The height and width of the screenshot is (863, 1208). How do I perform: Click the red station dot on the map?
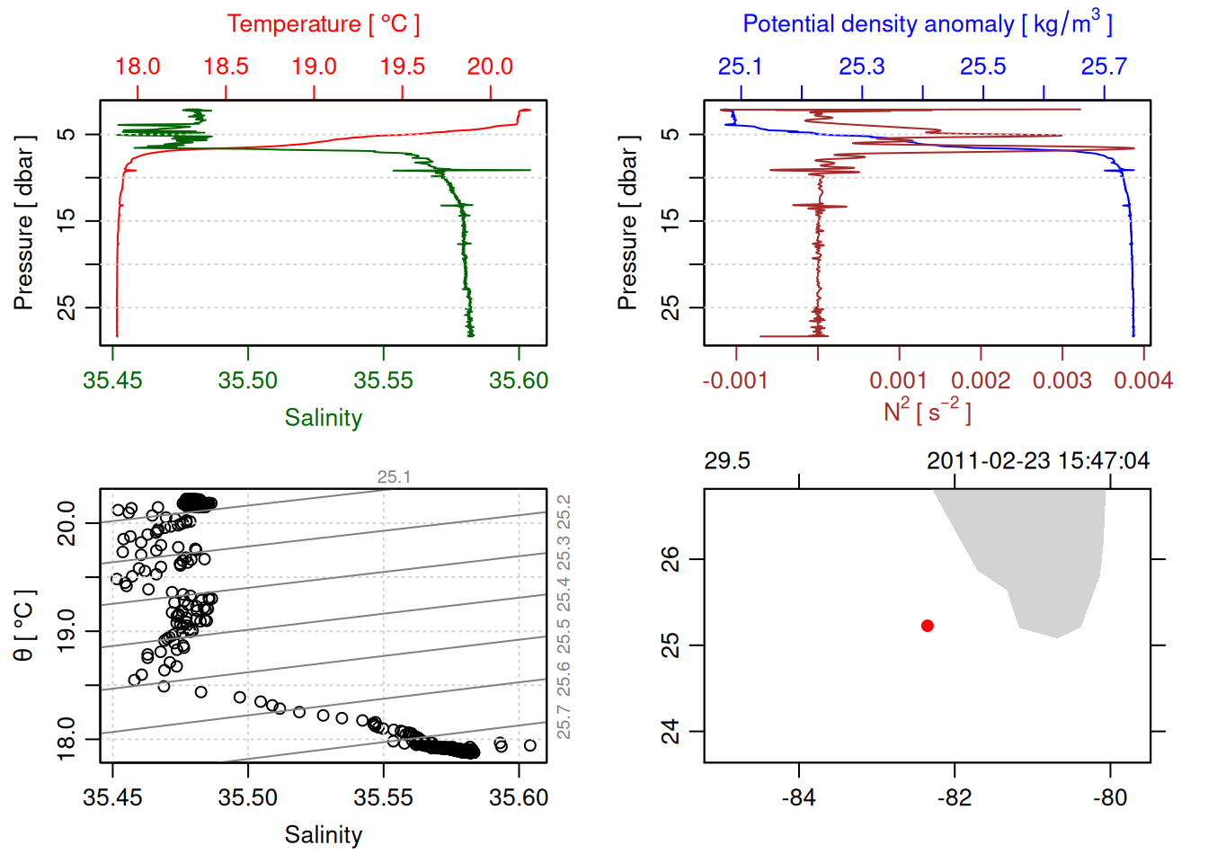(x=927, y=626)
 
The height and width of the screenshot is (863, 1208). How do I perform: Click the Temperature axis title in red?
(x=323, y=24)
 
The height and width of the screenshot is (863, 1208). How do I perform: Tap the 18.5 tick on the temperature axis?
(x=226, y=67)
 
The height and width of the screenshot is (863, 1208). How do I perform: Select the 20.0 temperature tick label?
(x=490, y=67)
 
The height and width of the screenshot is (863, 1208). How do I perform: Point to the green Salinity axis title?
(x=323, y=418)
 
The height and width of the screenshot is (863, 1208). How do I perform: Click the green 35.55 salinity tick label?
(x=383, y=381)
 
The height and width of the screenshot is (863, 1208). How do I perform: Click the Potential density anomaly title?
(x=927, y=24)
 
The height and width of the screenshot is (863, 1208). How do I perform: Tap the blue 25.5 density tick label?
(x=982, y=67)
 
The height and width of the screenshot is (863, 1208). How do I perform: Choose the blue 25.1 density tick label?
(x=740, y=67)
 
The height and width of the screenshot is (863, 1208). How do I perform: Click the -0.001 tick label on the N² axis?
(x=735, y=381)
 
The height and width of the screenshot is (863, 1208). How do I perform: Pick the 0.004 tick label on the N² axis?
(x=1142, y=381)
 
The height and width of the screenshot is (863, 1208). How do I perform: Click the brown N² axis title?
(x=927, y=412)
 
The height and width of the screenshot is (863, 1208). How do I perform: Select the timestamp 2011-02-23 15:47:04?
(x=1037, y=461)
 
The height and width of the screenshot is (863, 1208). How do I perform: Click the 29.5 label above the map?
(x=726, y=461)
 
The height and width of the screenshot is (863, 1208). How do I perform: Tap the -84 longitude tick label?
(x=798, y=797)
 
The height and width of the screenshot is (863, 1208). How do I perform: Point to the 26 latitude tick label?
(x=671, y=559)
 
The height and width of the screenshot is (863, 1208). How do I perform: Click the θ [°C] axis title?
(x=24, y=625)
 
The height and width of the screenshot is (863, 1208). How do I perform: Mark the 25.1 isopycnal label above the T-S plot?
(x=394, y=477)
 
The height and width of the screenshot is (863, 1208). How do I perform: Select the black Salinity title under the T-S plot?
(x=323, y=835)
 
